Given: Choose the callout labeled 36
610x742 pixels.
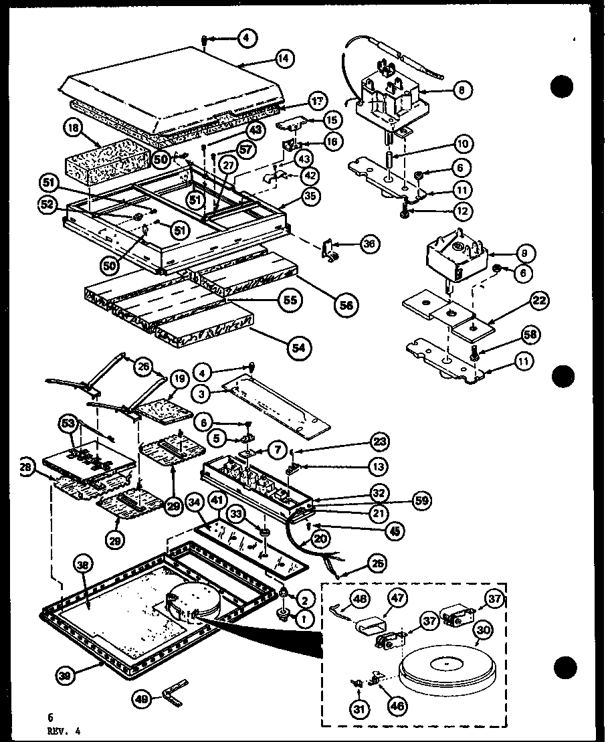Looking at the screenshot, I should tap(369, 244).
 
